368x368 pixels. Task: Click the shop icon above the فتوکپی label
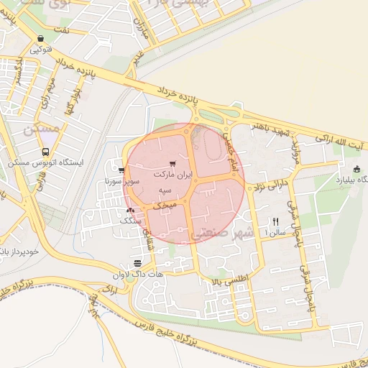coord(40,39)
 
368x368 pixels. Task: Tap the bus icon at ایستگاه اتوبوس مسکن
coord(46,152)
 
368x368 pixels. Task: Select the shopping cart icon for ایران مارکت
coord(171,165)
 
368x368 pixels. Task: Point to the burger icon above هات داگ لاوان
coord(137,263)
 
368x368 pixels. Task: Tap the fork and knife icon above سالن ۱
coord(275,221)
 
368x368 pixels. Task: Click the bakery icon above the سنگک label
coord(130,211)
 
